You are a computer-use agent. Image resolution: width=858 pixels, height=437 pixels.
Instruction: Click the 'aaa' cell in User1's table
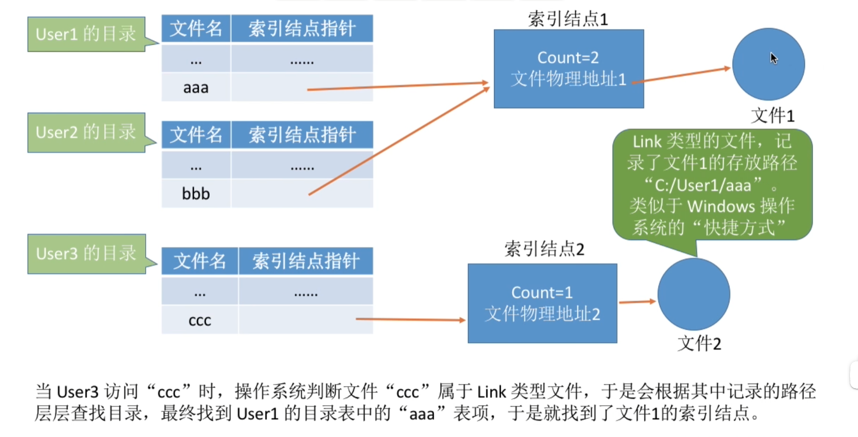click(196, 88)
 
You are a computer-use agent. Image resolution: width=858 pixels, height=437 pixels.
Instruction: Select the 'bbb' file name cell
click(196, 194)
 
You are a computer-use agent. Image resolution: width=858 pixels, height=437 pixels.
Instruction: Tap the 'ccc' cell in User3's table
click(200, 320)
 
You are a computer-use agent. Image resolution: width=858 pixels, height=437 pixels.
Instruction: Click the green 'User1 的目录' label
click(87, 34)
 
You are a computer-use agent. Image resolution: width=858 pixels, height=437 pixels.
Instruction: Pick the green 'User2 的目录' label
click(87, 133)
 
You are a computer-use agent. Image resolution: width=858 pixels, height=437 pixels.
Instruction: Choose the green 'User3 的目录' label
click(87, 254)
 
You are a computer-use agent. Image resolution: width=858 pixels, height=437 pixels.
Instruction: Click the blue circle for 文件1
click(768, 64)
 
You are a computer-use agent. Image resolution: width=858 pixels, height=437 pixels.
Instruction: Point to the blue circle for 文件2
click(694, 294)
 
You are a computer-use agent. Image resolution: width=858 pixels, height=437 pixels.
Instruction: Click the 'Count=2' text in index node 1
click(568, 58)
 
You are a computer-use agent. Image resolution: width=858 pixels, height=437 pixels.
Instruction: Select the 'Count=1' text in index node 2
click(542, 293)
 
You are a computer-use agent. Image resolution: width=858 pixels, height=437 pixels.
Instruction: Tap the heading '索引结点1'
click(568, 19)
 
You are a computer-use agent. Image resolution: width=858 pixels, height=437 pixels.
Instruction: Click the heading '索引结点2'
click(544, 249)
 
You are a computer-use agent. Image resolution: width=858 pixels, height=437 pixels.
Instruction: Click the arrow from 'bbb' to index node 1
click(399, 141)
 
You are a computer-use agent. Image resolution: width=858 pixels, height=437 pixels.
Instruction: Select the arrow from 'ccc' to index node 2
click(411, 320)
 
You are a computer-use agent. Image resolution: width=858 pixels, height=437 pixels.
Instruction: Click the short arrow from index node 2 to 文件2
click(637, 302)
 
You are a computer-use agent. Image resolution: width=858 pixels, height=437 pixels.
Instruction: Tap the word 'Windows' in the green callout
click(721, 207)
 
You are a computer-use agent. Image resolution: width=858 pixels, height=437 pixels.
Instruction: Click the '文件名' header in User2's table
click(196, 135)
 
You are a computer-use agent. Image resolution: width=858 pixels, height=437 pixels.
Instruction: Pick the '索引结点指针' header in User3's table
click(305, 261)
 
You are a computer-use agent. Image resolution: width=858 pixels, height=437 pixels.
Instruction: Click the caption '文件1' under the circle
click(773, 115)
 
